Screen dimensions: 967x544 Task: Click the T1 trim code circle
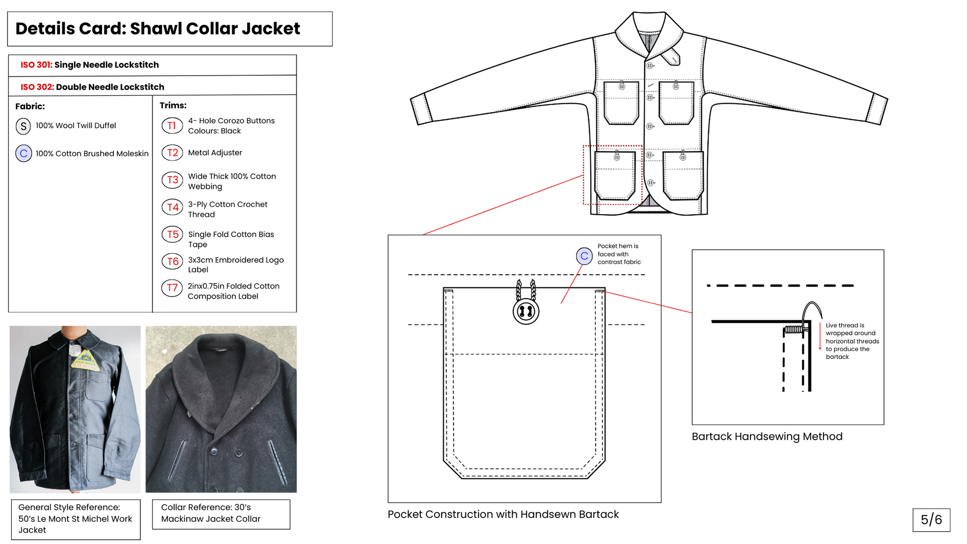[x=172, y=125]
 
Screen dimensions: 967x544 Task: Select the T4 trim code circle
[x=172, y=207]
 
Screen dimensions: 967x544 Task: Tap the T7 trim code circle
[x=172, y=288]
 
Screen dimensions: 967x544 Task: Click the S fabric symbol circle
[x=23, y=126]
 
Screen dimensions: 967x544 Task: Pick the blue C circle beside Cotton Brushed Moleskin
[x=23, y=153]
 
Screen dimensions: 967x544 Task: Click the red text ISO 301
[x=36, y=65]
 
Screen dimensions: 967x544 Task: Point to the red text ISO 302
[x=37, y=87]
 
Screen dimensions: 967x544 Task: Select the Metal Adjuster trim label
[x=215, y=153]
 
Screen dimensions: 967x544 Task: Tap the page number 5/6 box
[x=931, y=520]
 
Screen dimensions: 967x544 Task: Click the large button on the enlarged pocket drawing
[x=526, y=311]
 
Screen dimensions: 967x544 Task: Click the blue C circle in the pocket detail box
[x=584, y=256]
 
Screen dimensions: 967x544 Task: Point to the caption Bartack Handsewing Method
[x=767, y=437]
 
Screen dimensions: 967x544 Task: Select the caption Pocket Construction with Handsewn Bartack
[x=503, y=514]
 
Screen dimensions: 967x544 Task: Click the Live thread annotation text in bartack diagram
[x=852, y=341]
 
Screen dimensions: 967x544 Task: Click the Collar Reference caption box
[x=221, y=514]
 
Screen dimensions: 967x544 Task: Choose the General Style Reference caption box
[x=76, y=519]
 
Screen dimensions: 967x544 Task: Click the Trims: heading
[x=173, y=105]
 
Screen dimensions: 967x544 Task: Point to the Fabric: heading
[x=30, y=106]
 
